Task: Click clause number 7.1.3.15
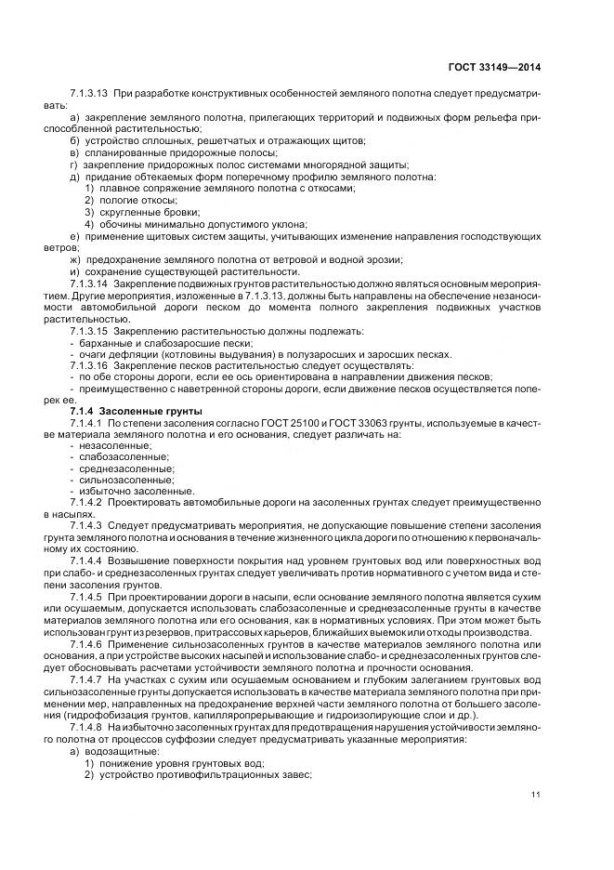point(88,332)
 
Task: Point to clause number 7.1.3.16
point(88,366)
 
